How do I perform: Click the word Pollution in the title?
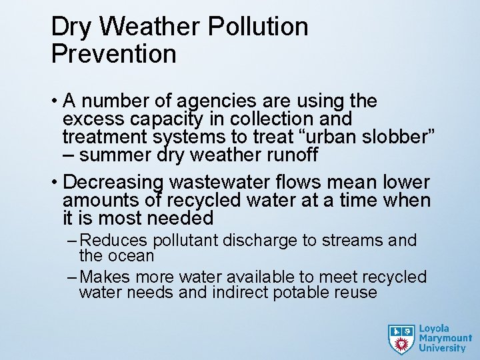(x=258, y=27)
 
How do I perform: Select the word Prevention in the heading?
(x=113, y=54)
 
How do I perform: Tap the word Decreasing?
(x=113, y=182)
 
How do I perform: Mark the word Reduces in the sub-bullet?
(x=116, y=241)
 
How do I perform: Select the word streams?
(x=351, y=241)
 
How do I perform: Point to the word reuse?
(x=357, y=292)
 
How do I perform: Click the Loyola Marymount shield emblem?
(x=401, y=339)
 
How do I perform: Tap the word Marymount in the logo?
(x=445, y=338)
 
